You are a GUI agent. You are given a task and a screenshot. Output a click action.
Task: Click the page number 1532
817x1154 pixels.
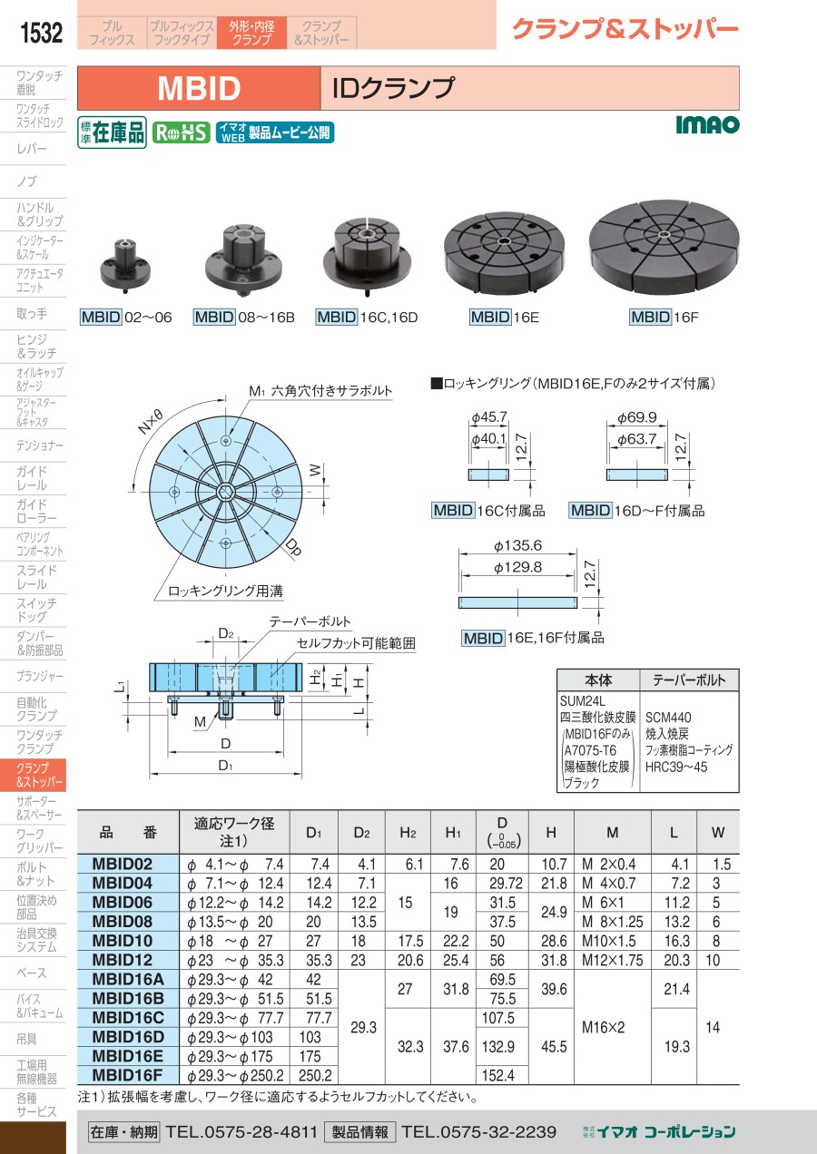41,33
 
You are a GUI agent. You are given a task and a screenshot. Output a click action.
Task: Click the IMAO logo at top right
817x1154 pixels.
707,124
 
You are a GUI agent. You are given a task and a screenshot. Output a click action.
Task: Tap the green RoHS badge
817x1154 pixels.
181,132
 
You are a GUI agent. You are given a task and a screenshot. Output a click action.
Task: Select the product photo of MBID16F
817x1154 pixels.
664,249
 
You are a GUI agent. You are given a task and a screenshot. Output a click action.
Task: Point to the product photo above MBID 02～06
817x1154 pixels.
126,265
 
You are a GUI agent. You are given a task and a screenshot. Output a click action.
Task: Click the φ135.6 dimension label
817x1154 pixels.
517,545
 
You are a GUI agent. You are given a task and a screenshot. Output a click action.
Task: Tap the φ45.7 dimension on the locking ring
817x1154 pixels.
489,416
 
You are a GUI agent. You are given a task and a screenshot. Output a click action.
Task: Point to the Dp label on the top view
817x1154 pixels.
293,546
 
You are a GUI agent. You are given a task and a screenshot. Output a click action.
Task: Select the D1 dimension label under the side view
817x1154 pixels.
225,766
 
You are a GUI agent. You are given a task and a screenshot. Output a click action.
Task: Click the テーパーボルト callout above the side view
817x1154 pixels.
310,621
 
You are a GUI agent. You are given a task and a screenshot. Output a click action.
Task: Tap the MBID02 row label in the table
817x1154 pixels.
123,864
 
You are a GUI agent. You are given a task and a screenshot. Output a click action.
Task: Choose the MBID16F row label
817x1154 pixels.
127,1075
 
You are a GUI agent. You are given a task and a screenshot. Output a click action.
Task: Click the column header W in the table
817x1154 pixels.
717,832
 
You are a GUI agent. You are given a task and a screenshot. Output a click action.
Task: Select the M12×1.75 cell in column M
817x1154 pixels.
613,960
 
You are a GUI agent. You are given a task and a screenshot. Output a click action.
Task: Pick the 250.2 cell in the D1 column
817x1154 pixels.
315,1076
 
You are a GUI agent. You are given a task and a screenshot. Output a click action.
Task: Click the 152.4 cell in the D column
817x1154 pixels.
498,1076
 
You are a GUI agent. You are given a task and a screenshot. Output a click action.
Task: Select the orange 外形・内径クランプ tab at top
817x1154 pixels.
251,33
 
